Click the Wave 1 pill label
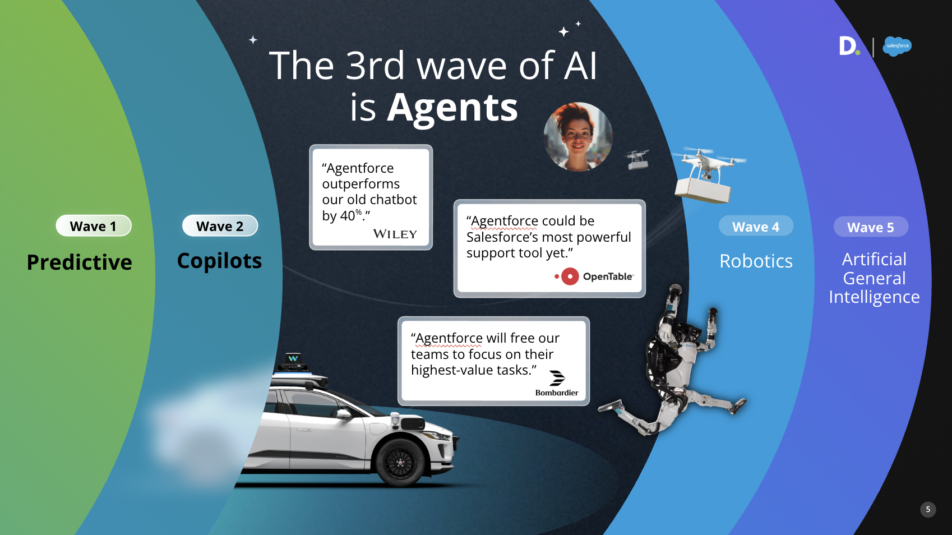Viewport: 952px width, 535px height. (x=94, y=225)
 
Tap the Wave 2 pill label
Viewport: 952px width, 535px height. (x=220, y=225)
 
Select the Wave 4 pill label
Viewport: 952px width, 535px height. (x=756, y=226)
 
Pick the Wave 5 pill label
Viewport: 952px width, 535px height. (x=871, y=227)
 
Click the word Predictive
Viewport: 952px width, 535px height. (x=80, y=262)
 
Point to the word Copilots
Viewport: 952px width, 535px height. (x=219, y=261)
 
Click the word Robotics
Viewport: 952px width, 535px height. (x=756, y=261)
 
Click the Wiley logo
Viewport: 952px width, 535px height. (x=395, y=234)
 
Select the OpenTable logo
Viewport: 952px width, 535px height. (x=594, y=276)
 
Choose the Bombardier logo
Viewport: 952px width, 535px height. (x=557, y=383)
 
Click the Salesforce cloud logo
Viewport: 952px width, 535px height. (x=897, y=46)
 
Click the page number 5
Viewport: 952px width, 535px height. (x=928, y=509)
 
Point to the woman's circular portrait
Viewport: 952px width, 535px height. (x=578, y=136)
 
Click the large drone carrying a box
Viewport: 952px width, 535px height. (x=707, y=175)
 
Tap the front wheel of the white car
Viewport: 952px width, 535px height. (x=400, y=462)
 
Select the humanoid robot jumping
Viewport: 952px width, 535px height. (x=676, y=361)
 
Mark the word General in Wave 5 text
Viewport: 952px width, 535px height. (x=874, y=278)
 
